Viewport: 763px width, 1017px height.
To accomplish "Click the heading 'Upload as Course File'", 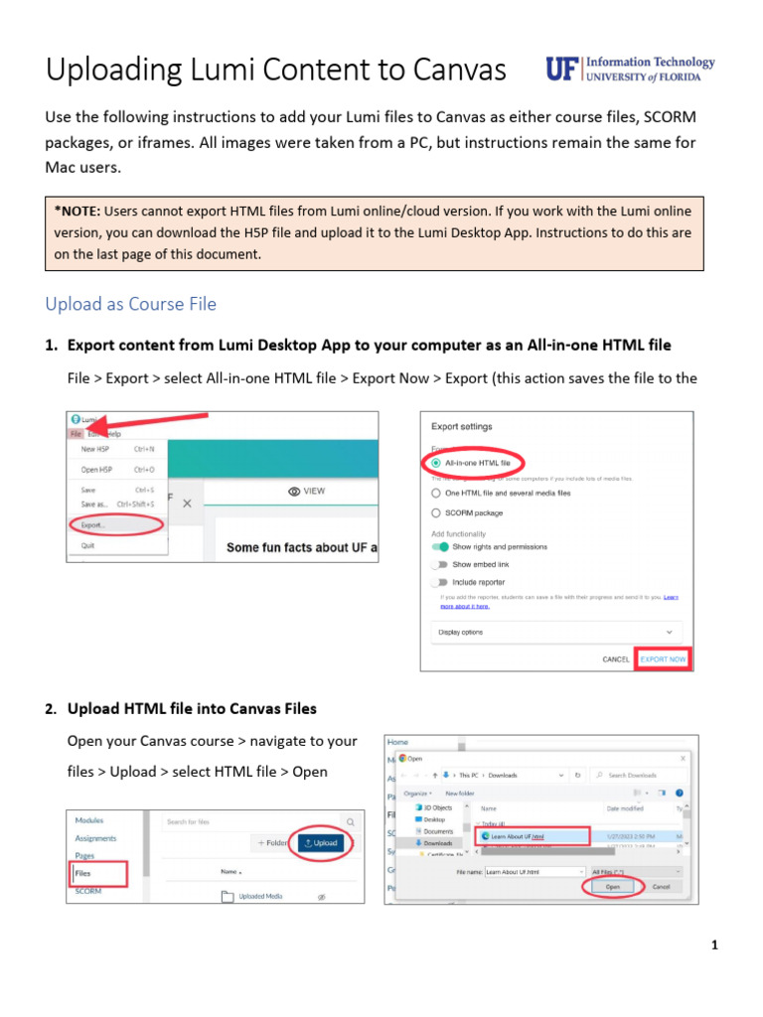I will (x=130, y=304).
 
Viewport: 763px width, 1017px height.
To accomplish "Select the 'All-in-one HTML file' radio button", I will (x=437, y=463).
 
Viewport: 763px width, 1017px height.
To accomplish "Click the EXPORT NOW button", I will (x=663, y=659).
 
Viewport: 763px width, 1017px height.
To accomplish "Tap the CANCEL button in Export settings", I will (x=616, y=659).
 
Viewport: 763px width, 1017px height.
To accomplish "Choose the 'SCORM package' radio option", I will (x=437, y=512).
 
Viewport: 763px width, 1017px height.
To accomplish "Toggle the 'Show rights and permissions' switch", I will (x=439, y=547).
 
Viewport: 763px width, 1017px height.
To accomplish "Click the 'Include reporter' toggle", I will (x=439, y=582).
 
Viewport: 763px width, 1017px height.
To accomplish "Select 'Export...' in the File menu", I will (x=96, y=523).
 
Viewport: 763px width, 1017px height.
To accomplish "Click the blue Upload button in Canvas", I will (x=320, y=843).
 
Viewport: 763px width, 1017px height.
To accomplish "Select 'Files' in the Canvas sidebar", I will (x=83, y=873).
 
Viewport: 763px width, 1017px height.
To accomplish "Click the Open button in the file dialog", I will (x=612, y=886).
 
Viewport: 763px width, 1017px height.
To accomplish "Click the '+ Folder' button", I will (x=272, y=843).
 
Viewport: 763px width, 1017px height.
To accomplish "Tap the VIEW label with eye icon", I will (x=306, y=492).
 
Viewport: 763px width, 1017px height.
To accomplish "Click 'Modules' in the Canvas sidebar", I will (x=89, y=820).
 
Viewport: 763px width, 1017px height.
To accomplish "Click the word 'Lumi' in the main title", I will (x=228, y=71).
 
